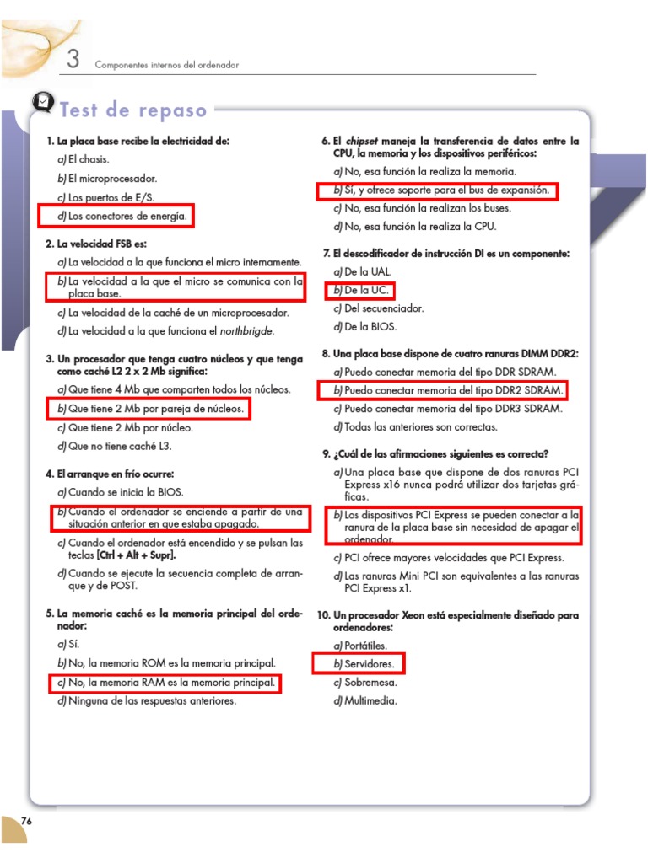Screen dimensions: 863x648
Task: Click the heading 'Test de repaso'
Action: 133,110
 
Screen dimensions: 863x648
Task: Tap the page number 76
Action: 26,821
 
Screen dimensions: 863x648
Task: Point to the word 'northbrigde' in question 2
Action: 246,331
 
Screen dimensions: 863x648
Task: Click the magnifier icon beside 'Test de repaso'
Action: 42,103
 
